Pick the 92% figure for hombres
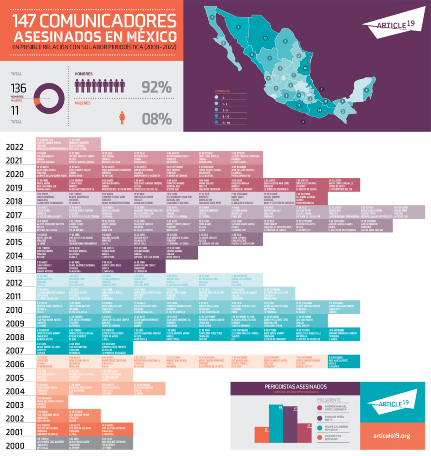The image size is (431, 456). [156, 87]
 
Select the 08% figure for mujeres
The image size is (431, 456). [156, 119]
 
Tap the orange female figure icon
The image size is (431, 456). [122, 118]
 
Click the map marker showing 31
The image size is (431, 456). [326, 101]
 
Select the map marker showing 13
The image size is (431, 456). [265, 39]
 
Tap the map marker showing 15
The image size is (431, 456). [299, 105]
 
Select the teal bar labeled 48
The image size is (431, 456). [280, 424]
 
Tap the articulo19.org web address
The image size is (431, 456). [391, 436]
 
